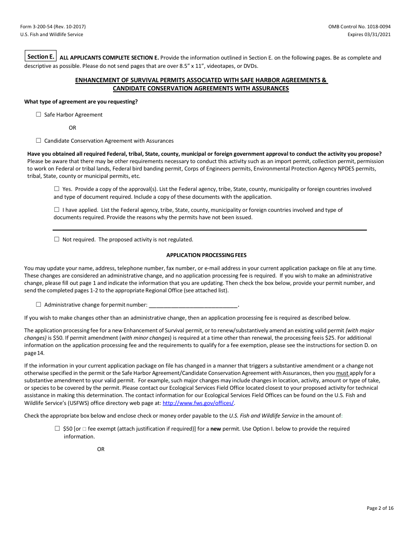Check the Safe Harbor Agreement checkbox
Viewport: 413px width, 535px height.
click(39, 114)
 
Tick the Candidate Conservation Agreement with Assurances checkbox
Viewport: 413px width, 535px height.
click(39, 140)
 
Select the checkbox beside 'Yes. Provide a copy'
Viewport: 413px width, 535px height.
click(57, 189)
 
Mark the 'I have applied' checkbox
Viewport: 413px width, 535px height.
click(57, 210)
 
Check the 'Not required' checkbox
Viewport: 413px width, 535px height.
click(57, 239)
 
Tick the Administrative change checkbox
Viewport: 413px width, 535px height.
click(39, 304)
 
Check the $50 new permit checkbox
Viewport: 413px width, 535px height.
click(57, 428)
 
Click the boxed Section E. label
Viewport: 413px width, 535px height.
click(41, 57)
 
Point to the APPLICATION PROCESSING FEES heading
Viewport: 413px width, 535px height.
click(206, 255)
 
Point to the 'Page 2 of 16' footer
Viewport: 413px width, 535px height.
click(380, 508)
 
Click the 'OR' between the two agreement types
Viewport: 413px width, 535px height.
click(72, 128)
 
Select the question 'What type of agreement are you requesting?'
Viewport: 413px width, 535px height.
click(81, 102)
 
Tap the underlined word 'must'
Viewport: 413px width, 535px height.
click(342, 373)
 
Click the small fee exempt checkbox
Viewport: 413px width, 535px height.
click(84, 429)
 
